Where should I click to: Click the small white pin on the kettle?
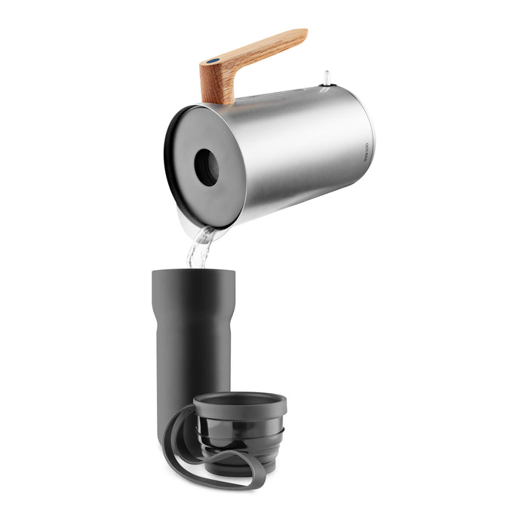[x=326, y=77]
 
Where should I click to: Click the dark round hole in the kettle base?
[x=205, y=167]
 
